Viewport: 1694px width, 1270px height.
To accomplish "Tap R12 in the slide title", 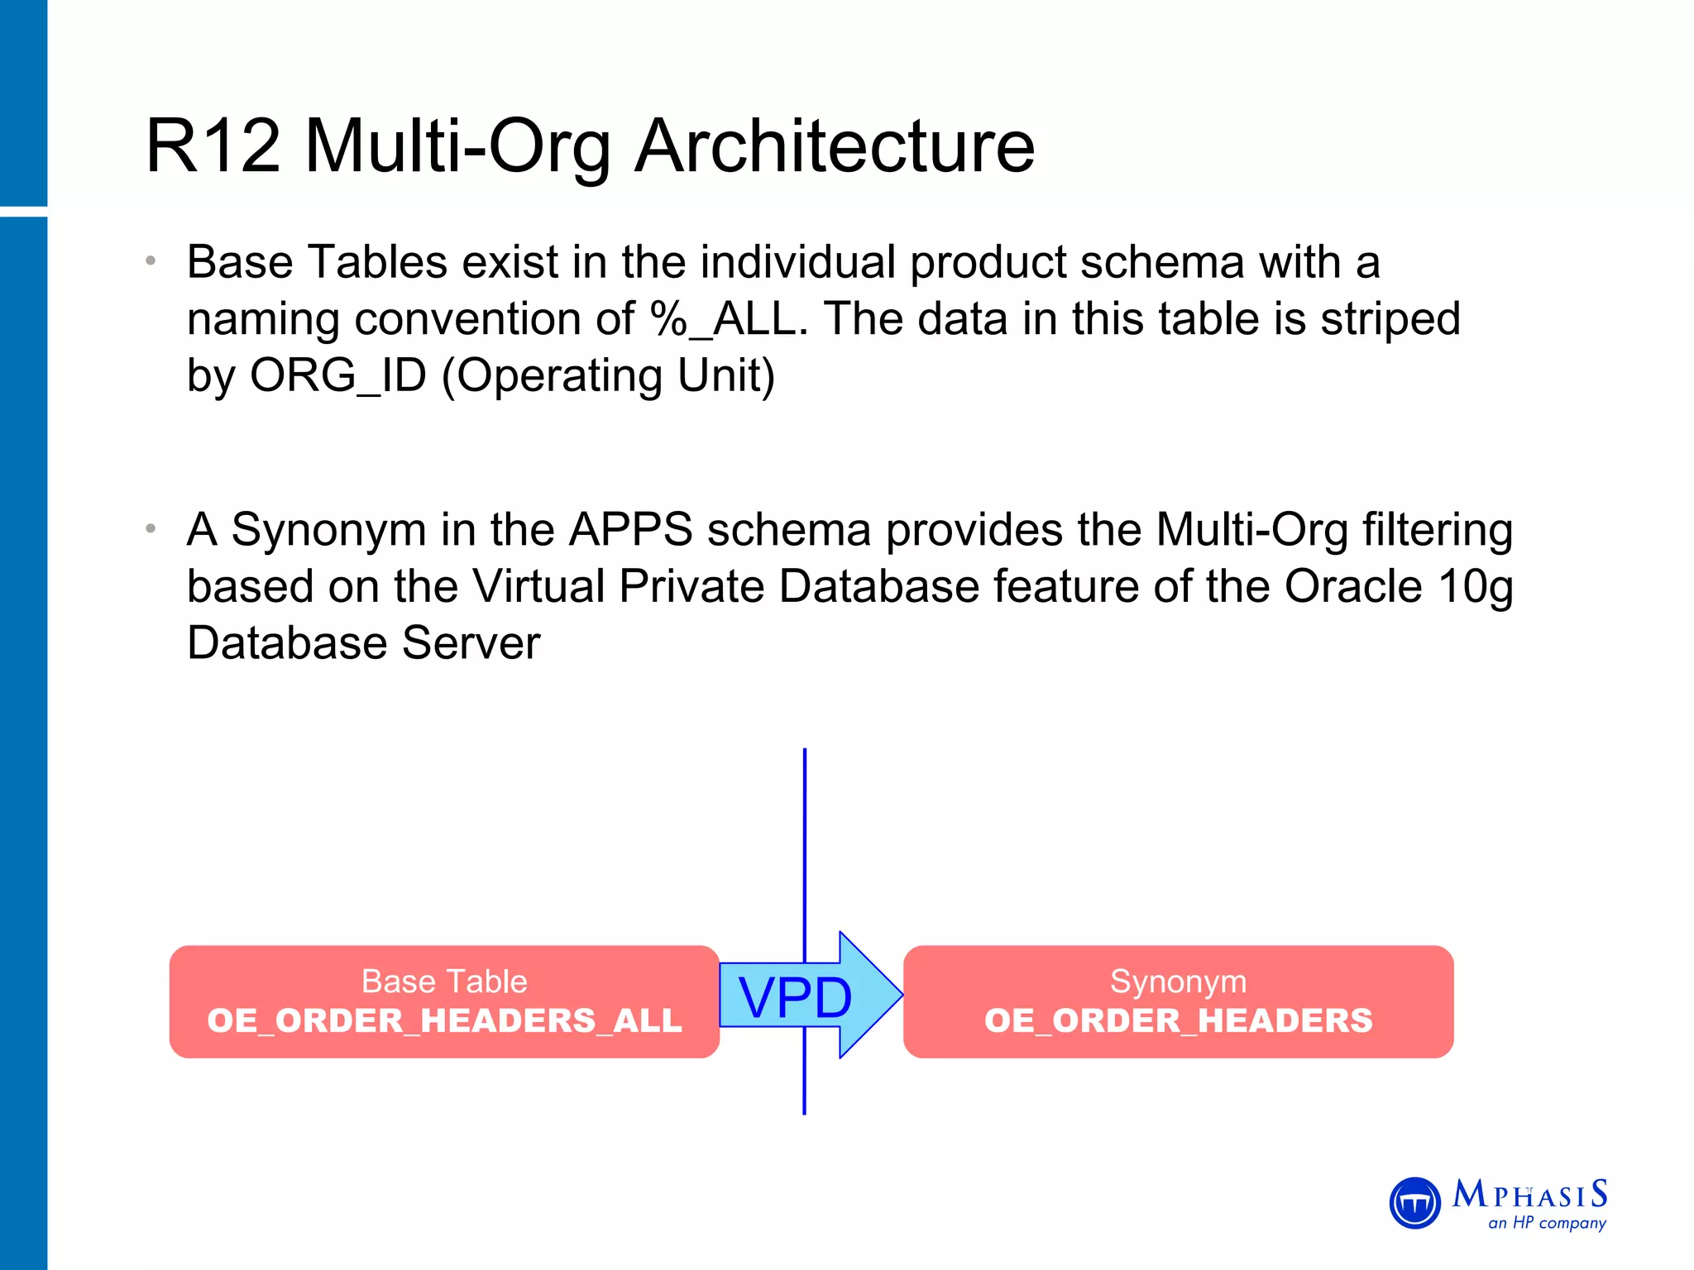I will coord(213,146).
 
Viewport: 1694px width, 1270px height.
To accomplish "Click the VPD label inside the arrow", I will coord(794,997).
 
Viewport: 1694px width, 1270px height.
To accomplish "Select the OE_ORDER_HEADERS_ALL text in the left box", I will coord(444,1020).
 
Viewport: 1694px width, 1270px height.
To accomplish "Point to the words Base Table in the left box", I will coord(444,981).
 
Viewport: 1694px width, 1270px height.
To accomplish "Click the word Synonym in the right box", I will coord(1178,981).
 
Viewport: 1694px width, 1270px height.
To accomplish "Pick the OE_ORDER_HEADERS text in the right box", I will coord(1178,1020).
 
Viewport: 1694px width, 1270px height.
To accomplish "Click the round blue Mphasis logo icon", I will coord(1415,1203).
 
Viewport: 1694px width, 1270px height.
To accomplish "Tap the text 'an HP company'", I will coord(1547,1223).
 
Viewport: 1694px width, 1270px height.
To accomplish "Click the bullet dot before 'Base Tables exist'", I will coord(151,262).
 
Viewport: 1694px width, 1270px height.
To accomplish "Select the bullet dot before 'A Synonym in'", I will coord(151,529).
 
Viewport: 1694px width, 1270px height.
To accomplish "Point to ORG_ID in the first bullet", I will coord(337,375).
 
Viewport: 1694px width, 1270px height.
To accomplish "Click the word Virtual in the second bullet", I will coord(539,586).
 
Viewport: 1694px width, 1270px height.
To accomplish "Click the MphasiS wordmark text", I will coord(1530,1195).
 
